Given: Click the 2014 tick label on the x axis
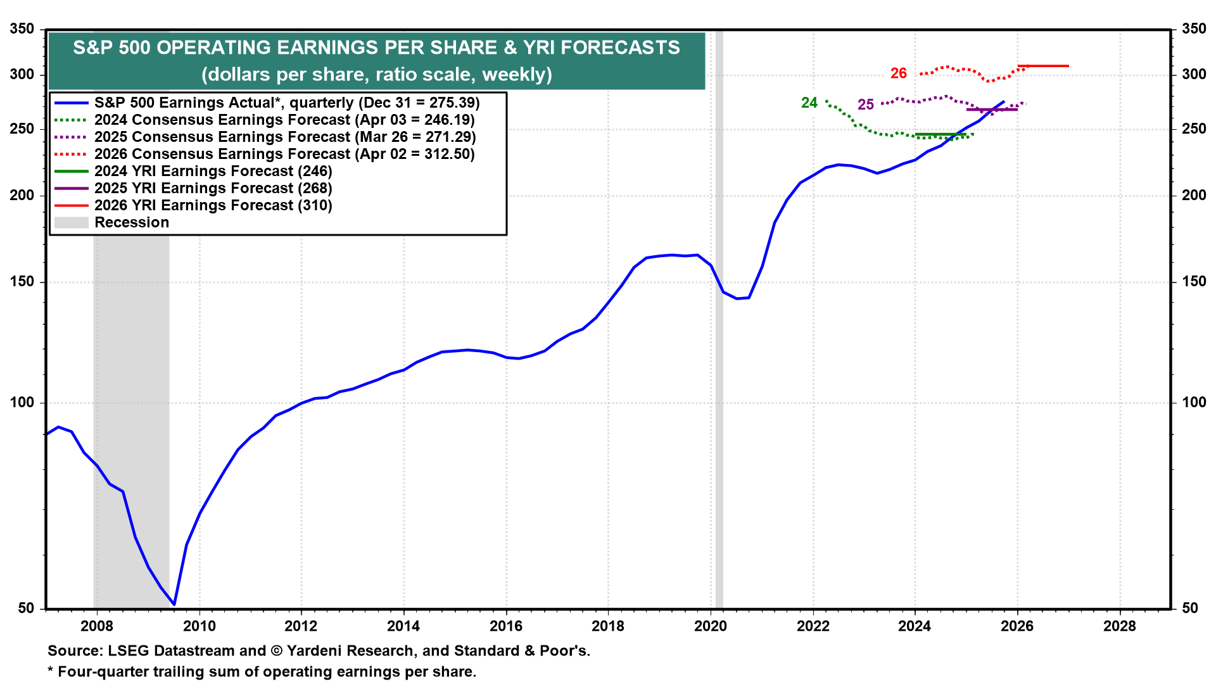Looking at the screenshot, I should click(x=403, y=626).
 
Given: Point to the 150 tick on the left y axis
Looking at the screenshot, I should click(x=22, y=282).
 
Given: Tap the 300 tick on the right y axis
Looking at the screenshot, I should click(x=1194, y=74).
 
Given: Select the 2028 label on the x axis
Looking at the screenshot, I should click(x=1120, y=626).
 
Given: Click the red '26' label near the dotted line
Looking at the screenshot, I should click(x=898, y=73).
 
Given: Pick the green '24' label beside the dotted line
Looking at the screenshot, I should click(x=809, y=103).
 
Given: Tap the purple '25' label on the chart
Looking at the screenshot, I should click(x=865, y=104).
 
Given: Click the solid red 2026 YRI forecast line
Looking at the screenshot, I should click(x=1043, y=66).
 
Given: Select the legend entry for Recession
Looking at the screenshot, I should click(x=132, y=222).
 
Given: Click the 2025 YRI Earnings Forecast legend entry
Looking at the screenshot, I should click(x=213, y=188).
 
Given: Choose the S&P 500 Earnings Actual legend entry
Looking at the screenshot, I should click(x=286, y=103).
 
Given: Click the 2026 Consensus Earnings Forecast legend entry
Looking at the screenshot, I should click(x=284, y=154).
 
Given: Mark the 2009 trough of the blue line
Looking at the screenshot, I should click(x=174, y=604).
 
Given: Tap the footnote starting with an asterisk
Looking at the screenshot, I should click(x=262, y=671).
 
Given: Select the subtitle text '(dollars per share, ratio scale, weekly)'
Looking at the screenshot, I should click(x=376, y=75).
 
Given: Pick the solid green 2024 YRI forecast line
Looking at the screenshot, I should click(x=941, y=134).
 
